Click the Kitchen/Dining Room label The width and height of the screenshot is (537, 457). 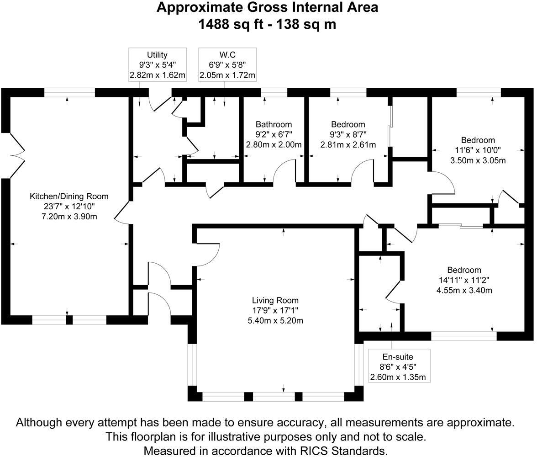pos(69,197)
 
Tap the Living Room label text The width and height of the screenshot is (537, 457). pos(275,300)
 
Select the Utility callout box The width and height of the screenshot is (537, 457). pos(157,65)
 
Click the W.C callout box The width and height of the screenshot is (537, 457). pos(227,65)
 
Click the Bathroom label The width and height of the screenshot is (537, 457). pos(274,124)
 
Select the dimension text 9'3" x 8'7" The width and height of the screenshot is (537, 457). pos(348,134)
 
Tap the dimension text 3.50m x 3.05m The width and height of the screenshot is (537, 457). pos(478,160)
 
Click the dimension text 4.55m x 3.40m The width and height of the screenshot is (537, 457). pos(464,290)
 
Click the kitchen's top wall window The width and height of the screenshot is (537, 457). pos(69,92)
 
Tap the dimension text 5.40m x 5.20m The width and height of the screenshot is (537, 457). pos(275,321)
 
